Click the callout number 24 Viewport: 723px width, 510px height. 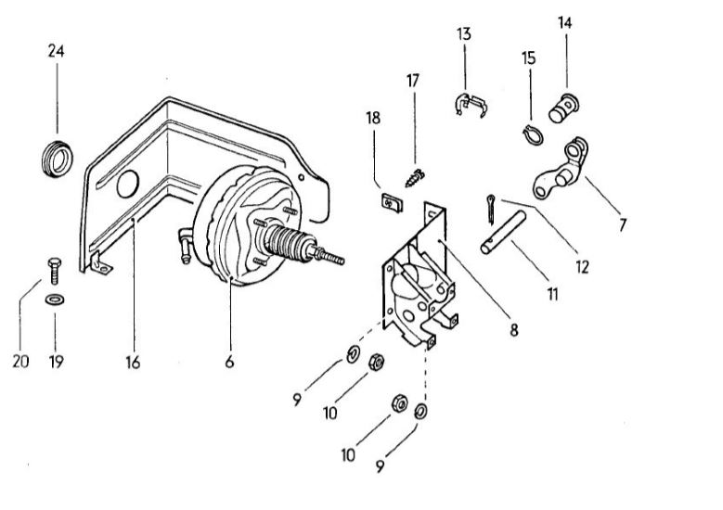(x=57, y=51)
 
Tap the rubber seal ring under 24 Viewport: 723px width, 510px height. (x=57, y=158)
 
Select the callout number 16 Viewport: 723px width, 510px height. (x=133, y=363)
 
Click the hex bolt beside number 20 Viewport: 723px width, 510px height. (x=55, y=271)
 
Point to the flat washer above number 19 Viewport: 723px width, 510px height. (x=55, y=300)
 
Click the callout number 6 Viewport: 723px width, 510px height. (x=229, y=363)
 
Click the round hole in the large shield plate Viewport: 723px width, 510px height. (x=128, y=184)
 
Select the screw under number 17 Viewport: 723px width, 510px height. (x=415, y=178)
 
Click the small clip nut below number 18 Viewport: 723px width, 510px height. (x=392, y=203)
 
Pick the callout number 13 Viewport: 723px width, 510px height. (x=464, y=34)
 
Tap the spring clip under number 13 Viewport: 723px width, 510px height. (x=469, y=105)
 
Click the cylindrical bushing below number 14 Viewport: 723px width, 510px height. (x=563, y=108)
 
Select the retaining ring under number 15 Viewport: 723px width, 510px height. (x=533, y=135)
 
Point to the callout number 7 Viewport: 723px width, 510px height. (x=623, y=225)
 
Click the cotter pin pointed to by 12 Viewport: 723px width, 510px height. (x=491, y=210)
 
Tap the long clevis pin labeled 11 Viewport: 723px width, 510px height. (x=503, y=232)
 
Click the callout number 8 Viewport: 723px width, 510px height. (x=513, y=330)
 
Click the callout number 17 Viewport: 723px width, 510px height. (x=413, y=81)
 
